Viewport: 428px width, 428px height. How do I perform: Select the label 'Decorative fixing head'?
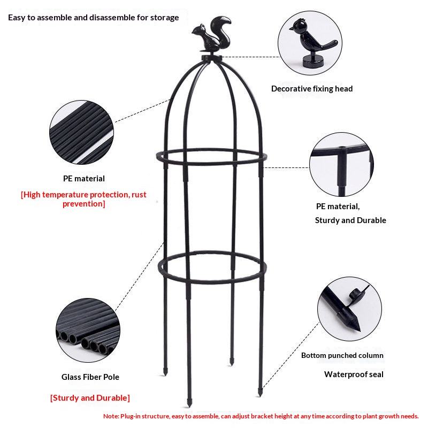coord(312,89)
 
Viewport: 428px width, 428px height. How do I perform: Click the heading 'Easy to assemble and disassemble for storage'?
coord(94,18)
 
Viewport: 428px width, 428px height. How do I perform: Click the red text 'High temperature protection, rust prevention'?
coord(83,199)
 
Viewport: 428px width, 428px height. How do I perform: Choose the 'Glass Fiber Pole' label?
coord(90,377)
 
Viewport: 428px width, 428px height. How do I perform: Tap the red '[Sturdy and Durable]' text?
coord(90,398)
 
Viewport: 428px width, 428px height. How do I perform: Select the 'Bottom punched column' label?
coord(342,355)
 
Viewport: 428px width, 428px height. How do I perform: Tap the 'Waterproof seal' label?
coord(354,374)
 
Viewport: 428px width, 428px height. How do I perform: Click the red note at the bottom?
coord(261,416)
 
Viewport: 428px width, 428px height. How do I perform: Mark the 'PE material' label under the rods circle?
coord(84,179)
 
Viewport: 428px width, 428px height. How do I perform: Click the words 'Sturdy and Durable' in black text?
coord(350,220)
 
